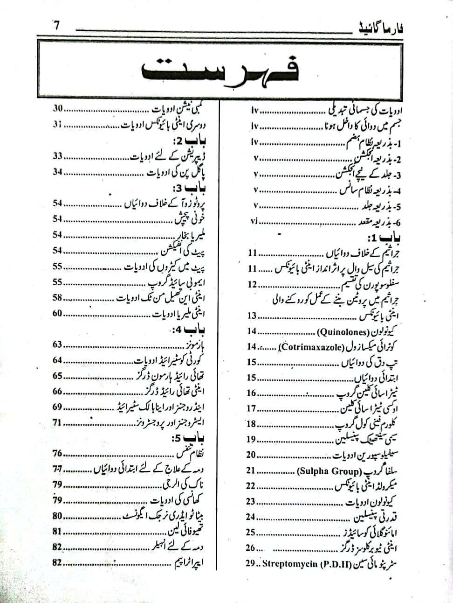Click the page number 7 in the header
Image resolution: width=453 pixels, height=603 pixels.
tap(57, 26)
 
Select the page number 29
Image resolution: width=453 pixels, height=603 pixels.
tap(251, 563)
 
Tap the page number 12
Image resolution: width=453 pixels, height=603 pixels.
tap(252, 284)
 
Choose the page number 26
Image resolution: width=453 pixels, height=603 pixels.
tap(251, 547)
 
